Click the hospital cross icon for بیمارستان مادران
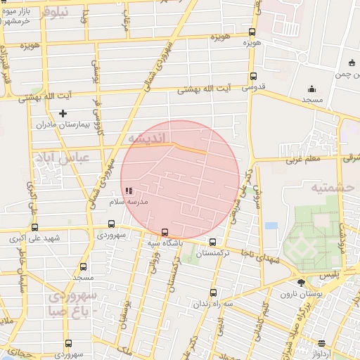(x=63, y=112)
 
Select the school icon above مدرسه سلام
(x=128, y=191)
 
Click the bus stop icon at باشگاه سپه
(x=165, y=232)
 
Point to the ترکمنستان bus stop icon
(x=212, y=242)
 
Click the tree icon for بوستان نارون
(x=301, y=283)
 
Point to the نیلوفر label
(x=56, y=12)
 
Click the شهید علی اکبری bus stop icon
(x=34, y=226)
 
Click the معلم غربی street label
(x=302, y=160)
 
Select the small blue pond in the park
(x=271, y=226)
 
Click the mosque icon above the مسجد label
(x=312, y=89)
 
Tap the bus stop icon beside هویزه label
(x=252, y=32)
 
